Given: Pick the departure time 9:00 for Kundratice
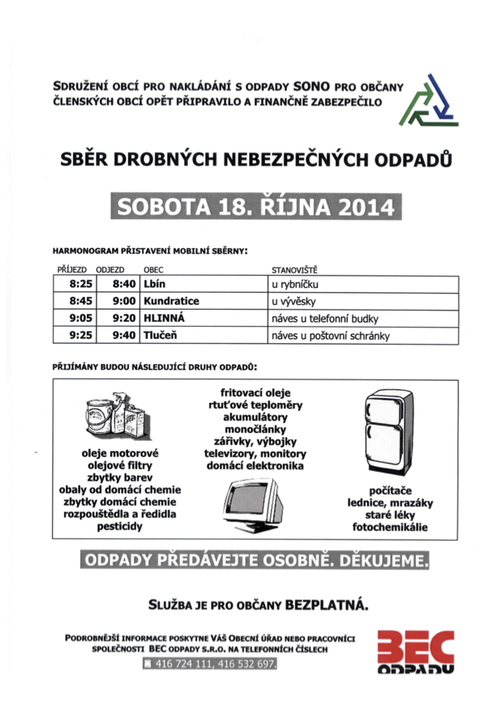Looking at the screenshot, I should (x=123, y=301).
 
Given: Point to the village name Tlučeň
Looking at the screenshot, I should (x=161, y=334).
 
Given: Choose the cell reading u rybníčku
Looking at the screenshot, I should (x=301, y=285).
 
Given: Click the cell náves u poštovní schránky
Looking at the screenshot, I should (x=332, y=334).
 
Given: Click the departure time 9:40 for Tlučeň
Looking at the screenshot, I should (x=123, y=334).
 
